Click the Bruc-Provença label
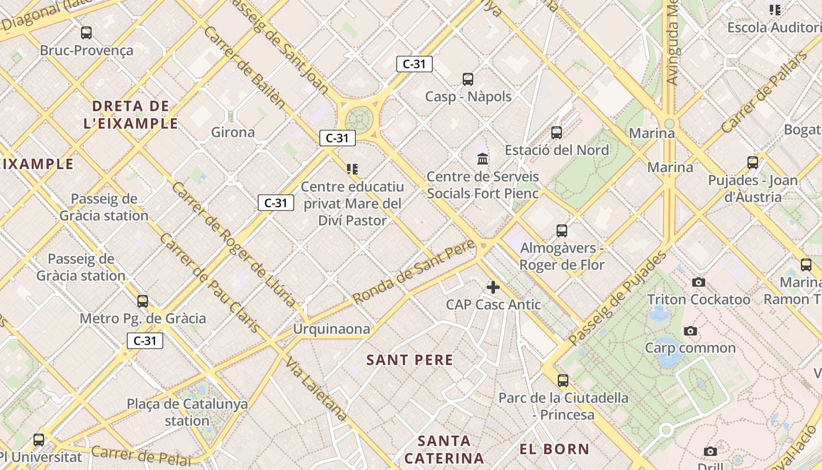coord(86,51)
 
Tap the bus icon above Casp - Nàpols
coord(468,79)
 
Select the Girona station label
coord(233,132)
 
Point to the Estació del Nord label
coord(557,150)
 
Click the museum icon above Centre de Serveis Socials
coord(483,159)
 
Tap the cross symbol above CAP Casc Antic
coord(493,287)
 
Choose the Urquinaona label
coord(332,328)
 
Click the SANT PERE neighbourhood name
coord(410,360)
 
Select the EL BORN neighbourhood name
coord(554,449)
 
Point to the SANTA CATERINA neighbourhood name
coord(444,449)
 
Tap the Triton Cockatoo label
coord(699,300)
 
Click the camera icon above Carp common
coord(690,331)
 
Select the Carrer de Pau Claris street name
coord(210,283)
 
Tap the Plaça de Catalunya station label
coord(187,412)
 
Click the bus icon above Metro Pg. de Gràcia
coord(142,301)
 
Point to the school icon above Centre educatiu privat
coord(352,169)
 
